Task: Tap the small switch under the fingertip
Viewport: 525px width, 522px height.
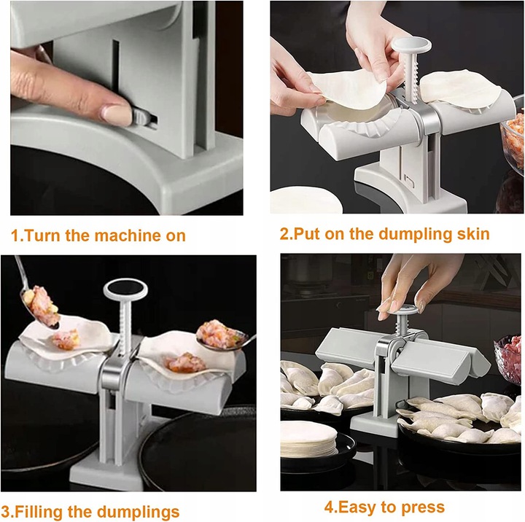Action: click(144, 117)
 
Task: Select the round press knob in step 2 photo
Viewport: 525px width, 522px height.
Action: click(411, 45)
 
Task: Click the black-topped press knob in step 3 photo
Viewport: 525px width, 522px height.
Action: click(125, 289)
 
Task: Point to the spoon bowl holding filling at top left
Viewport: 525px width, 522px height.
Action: click(39, 305)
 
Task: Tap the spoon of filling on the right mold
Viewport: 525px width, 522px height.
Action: click(222, 336)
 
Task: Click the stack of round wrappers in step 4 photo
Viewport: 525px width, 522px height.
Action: click(308, 438)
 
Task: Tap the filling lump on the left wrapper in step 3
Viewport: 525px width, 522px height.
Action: click(66, 339)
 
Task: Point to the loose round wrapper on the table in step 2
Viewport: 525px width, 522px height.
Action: click(306, 200)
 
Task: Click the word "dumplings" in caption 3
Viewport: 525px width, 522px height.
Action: click(138, 513)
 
